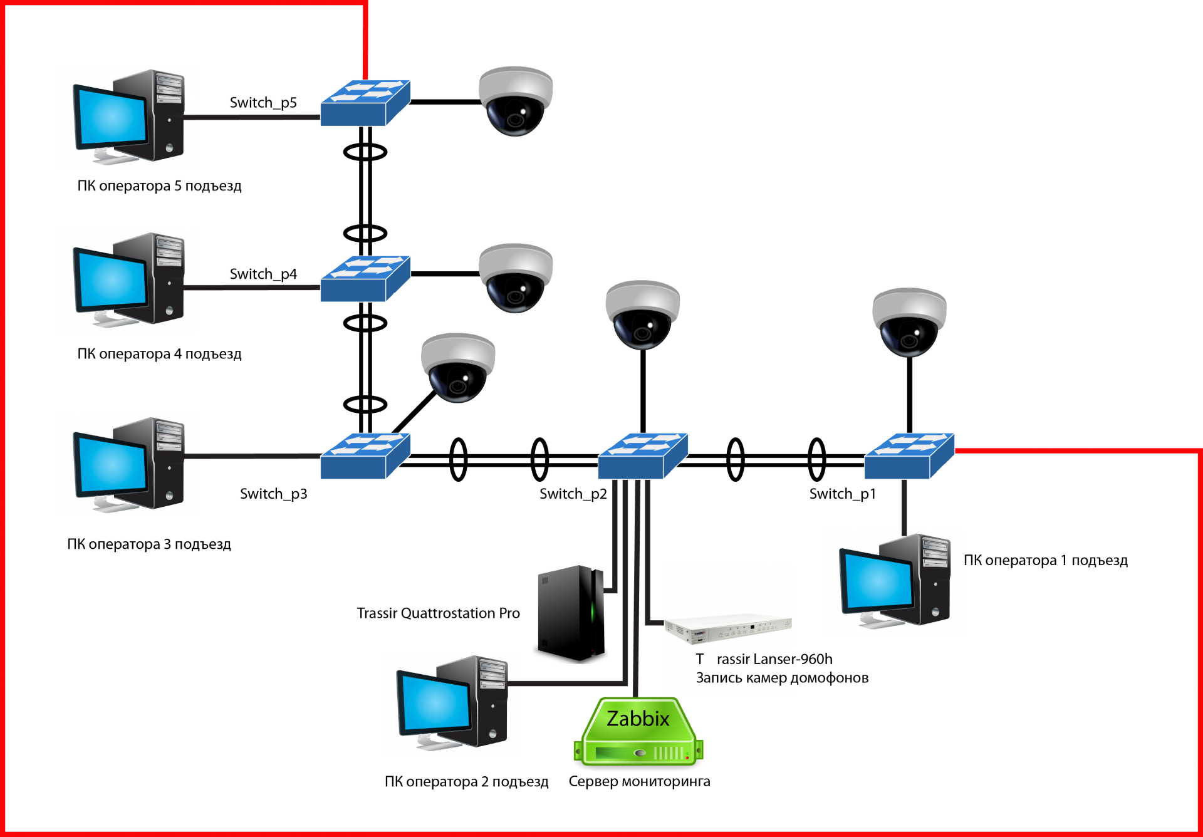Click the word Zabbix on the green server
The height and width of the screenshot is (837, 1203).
click(638, 719)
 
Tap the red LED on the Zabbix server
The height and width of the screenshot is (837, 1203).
click(687, 758)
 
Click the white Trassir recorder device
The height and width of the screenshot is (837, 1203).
click(727, 627)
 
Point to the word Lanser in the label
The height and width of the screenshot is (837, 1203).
click(754, 659)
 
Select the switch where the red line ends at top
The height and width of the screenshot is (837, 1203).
click(365, 103)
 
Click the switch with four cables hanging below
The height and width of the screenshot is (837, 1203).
click(643, 456)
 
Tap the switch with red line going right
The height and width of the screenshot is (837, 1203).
click(909, 456)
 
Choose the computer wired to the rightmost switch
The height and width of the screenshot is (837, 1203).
click(893, 581)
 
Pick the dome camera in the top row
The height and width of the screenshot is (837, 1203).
click(516, 100)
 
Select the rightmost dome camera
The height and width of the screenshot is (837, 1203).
click(909, 322)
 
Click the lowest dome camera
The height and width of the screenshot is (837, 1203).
click(458, 367)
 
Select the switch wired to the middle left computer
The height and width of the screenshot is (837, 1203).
click(365, 279)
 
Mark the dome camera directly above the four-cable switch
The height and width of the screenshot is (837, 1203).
click(642, 315)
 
